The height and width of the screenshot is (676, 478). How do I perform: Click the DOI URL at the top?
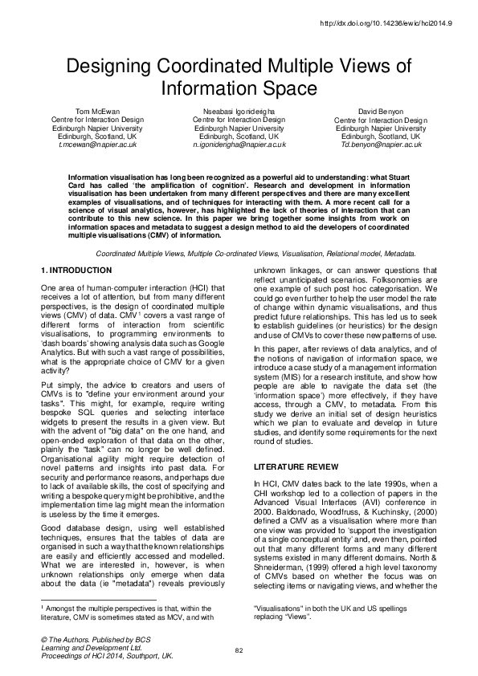(x=388, y=24)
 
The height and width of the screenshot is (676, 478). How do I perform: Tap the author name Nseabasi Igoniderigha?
(x=239, y=112)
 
